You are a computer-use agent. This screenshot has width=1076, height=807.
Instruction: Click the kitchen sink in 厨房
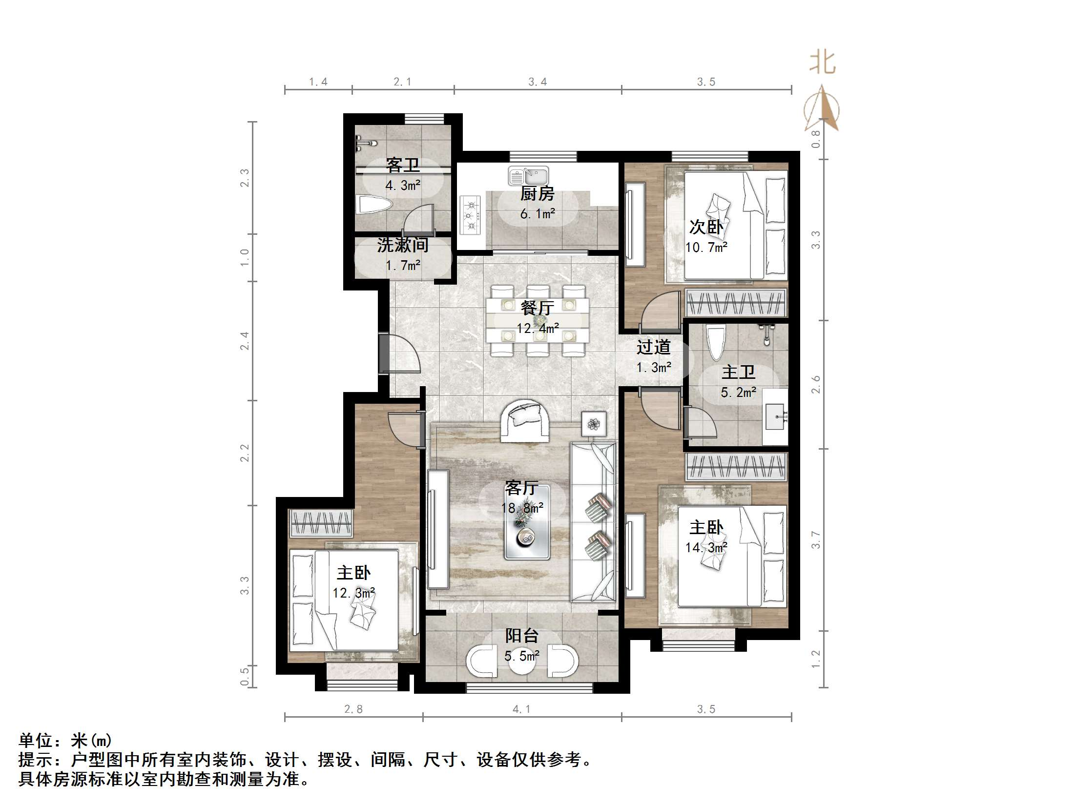pos(529,176)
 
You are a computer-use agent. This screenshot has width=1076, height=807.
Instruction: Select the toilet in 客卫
pos(374,205)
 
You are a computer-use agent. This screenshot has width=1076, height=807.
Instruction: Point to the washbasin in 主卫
pos(775,416)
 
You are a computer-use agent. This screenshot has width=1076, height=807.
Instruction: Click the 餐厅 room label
pos(537,308)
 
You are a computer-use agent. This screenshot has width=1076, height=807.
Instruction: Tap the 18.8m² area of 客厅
pos(522,508)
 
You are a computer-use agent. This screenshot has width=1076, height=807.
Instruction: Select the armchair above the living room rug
pos(524,421)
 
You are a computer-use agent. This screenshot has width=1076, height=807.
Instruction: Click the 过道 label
pos(653,347)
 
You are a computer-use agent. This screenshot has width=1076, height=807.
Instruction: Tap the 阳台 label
pos(521,636)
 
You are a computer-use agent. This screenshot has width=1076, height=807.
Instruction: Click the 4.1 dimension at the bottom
pos(521,709)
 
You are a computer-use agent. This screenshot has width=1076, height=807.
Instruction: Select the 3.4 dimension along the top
pos(538,82)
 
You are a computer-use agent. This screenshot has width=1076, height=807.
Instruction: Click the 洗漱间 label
pos(403,245)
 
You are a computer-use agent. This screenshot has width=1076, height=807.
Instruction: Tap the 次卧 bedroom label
pos(706,227)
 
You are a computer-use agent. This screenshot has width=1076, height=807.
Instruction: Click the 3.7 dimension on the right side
pos(816,539)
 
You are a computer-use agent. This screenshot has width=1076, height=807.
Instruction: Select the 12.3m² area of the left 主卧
pos(354,593)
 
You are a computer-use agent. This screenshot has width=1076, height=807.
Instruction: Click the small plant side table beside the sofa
pos(594,424)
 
